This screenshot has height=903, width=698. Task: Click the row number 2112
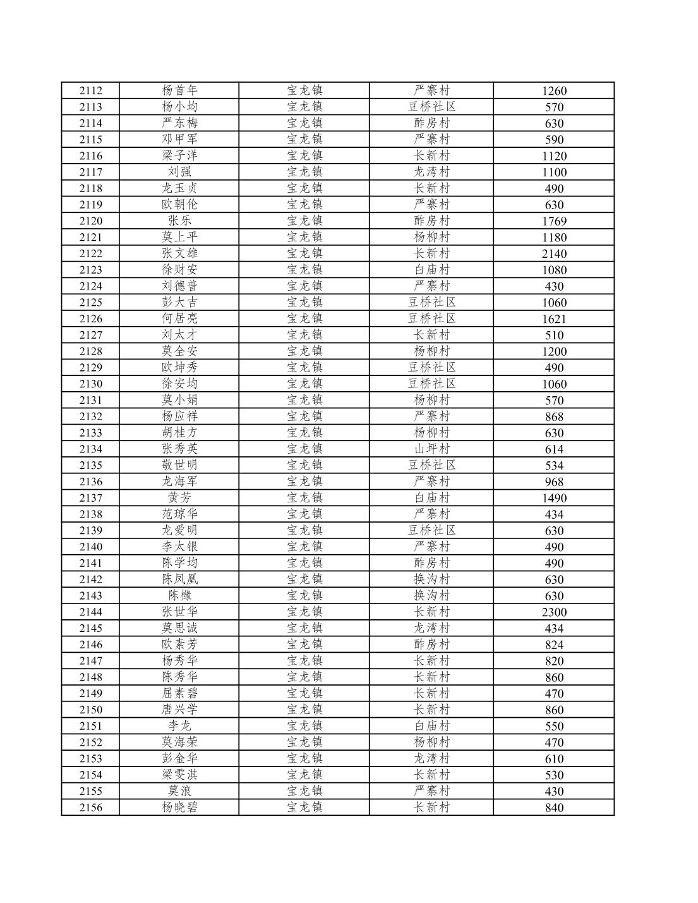(90, 90)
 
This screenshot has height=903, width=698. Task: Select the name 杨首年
(179, 90)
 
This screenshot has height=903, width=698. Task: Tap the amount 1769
(554, 221)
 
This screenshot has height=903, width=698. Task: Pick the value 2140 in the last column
(554, 253)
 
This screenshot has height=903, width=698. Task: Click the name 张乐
(179, 221)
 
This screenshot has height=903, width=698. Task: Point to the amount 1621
(554, 319)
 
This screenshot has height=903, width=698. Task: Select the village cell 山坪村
(431, 449)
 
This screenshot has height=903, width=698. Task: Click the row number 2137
(90, 498)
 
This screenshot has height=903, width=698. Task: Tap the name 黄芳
(179, 498)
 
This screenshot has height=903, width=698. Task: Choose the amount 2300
(554, 612)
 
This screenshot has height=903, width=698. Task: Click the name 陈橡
(179, 595)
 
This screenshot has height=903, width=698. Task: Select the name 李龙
(179, 726)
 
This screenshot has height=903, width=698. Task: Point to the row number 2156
(90, 808)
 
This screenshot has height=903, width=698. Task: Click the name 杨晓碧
(179, 808)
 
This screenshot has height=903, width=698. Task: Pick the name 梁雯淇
(179, 775)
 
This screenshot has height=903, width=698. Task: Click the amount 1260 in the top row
(554, 91)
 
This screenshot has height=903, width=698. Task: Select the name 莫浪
(179, 791)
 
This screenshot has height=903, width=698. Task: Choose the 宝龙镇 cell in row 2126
(304, 318)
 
